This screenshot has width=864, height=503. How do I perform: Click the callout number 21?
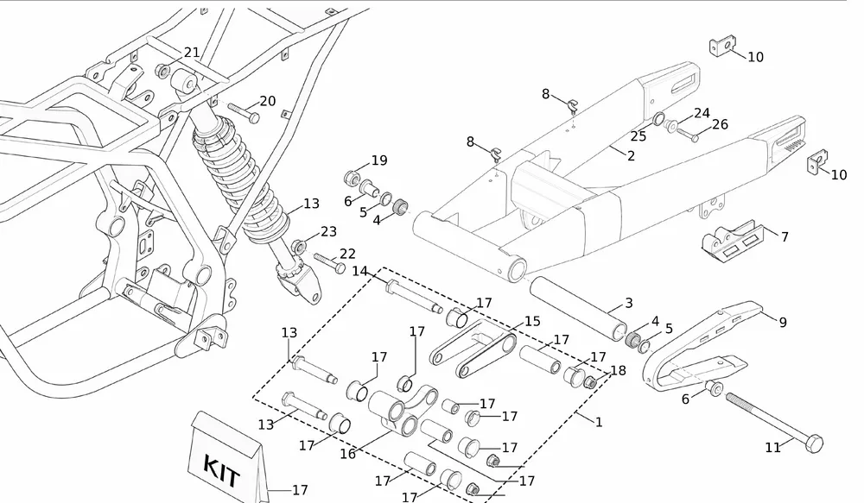tap(192, 53)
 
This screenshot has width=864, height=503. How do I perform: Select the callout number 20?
tap(268, 101)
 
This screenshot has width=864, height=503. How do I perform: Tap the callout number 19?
tap(379, 160)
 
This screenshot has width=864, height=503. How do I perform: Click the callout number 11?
tap(772, 448)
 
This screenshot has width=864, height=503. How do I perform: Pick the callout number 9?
tap(783, 322)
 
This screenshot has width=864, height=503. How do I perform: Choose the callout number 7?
tap(785, 236)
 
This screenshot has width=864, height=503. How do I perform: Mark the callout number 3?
tap(629, 303)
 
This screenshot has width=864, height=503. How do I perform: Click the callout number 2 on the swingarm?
tap(631, 156)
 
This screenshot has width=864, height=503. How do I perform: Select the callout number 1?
tap(599, 422)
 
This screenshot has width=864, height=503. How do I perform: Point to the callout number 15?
tap(532, 321)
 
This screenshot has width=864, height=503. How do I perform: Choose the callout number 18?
tap(619, 370)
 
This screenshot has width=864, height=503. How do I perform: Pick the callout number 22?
tap(347, 254)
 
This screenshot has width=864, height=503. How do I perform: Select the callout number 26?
tap(720, 124)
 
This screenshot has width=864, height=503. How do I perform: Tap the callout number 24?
tap(702, 113)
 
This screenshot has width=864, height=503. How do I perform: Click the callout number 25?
tap(638, 136)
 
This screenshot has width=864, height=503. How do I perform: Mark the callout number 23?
tap(328, 231)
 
